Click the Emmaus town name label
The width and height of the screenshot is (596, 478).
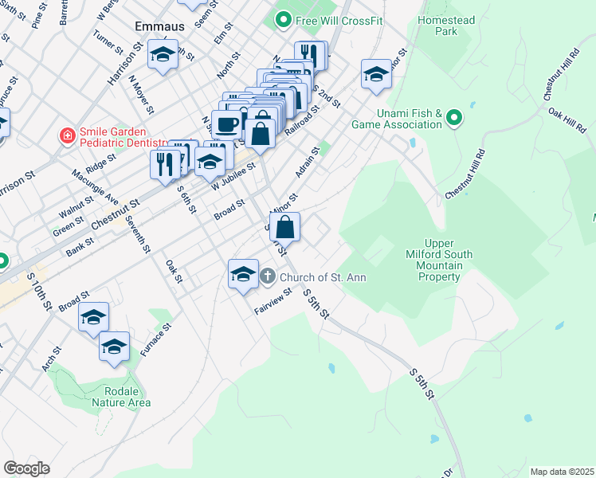point(159,26)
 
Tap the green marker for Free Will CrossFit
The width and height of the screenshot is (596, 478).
point(283,18)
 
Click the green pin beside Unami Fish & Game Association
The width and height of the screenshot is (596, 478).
point(454,119)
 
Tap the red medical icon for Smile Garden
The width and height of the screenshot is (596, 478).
point(68,135)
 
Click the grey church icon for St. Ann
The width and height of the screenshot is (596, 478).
point(268,277)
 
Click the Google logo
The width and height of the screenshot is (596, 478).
point(25,468)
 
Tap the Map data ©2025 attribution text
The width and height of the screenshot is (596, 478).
point(562,472)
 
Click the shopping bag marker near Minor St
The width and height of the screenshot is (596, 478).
point(284,228)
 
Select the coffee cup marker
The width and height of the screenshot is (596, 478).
point(227,124)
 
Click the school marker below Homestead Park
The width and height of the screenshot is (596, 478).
point(377,75)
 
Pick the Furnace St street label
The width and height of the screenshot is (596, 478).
point(155,339)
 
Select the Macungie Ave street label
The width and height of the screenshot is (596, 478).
point(107,188)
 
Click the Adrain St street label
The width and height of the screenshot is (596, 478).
point(308,162)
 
